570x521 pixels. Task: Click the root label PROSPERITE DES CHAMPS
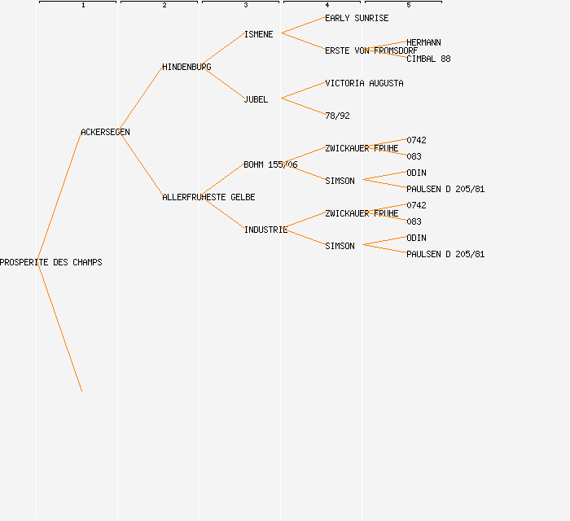click(x=50, y=262)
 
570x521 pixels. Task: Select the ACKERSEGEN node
click(x=105, y=132)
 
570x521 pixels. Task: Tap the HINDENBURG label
click(x=186, y=68)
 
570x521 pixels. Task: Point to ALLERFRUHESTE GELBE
click(x=208, y=197)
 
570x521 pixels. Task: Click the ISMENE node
click(x=258, y=34)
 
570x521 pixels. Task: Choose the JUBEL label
click(x=256, y=99)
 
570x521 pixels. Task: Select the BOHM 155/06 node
click(x=270, y=164)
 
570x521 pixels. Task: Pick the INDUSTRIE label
click(x=265, y=230)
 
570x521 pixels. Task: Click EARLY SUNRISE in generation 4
click(x=357, y=18)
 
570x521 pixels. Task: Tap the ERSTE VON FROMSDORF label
click(x=371, y=50)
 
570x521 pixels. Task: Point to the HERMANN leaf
click(x=423, y=42)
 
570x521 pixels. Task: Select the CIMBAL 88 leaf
click(x=428, y=59)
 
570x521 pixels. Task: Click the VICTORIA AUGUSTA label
click(x=364, y=83)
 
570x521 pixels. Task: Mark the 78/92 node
click(x=337, y=116)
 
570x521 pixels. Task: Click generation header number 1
click(x=83, y=5)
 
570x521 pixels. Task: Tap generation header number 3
click(x=246, y=5)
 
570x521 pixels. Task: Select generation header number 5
click(x=409, y=5)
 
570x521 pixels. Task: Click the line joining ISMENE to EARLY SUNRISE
click(x=303, y=25)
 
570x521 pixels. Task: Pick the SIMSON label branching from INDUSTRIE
click(x=340, y=246)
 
